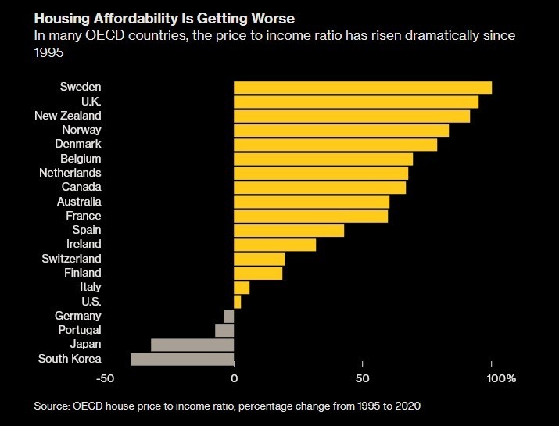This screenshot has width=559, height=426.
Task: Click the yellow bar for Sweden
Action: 363,88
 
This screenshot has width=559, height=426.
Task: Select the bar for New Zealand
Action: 352,116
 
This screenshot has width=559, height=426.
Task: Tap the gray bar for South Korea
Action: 182,359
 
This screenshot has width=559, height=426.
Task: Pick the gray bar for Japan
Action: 192,345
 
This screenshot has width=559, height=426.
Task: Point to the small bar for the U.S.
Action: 238,302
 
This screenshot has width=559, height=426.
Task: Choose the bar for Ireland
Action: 274,245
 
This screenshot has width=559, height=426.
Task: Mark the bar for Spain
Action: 288,231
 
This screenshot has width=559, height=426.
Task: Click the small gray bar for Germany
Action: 229,316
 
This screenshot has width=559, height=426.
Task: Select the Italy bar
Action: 242,288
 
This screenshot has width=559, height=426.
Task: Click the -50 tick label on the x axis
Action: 106,379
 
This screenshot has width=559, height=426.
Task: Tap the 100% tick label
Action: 501,379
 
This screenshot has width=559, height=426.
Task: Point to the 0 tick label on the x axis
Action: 234,379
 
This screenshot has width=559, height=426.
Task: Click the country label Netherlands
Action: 70,173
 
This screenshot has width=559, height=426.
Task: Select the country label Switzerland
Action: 71,259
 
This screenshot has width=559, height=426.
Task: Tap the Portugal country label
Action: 80,330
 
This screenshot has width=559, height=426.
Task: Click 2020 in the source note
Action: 407,406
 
